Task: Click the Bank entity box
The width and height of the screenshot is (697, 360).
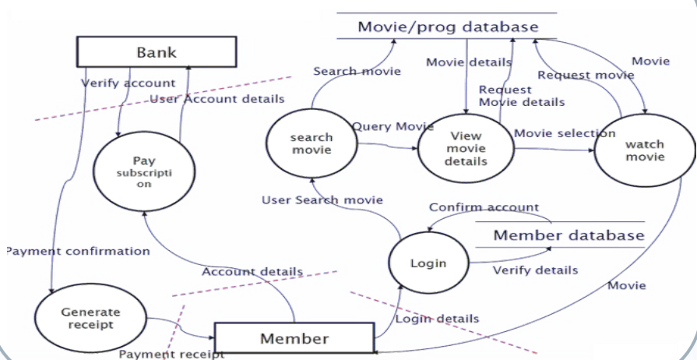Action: coord(157,52)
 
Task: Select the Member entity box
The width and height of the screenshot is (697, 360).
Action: coord(294,338)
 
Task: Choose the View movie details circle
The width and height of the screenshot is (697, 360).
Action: coord(466,149)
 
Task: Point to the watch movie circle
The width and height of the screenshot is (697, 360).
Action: coord(644,150)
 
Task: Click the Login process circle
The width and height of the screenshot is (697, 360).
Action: coord(428,263)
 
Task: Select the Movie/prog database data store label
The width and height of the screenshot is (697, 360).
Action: coord(448,27)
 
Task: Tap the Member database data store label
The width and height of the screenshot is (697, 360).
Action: coord(569,235)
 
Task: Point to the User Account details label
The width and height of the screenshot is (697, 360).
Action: coord(217,99)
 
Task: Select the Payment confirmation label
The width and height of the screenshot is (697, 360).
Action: coord(77,251)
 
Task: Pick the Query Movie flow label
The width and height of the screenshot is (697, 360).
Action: coord(393,126)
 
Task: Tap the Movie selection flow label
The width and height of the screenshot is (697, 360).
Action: coord(565,133)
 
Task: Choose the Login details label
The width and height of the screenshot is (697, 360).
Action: coord(437,318)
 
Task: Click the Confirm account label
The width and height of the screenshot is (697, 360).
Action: coord(484,207)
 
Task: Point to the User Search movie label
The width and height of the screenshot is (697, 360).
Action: coord(322,200)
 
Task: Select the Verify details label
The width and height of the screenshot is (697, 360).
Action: coord(536,270)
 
